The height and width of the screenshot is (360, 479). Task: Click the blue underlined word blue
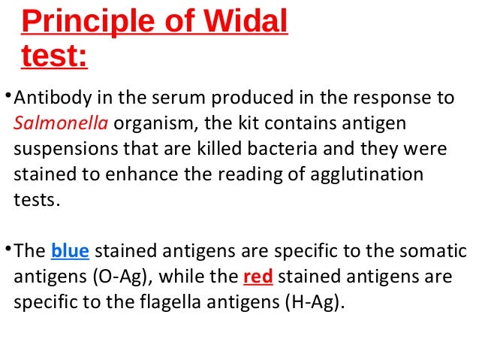pyautogui.click(x=69, y=251)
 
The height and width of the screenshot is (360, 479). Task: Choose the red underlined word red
pyautogui.click(x=258, y=277)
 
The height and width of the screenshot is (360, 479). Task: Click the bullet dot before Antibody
pyautogui.click(x=8, y=95)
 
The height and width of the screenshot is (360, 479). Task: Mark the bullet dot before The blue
pyautogui.click(x=8, y=249)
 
